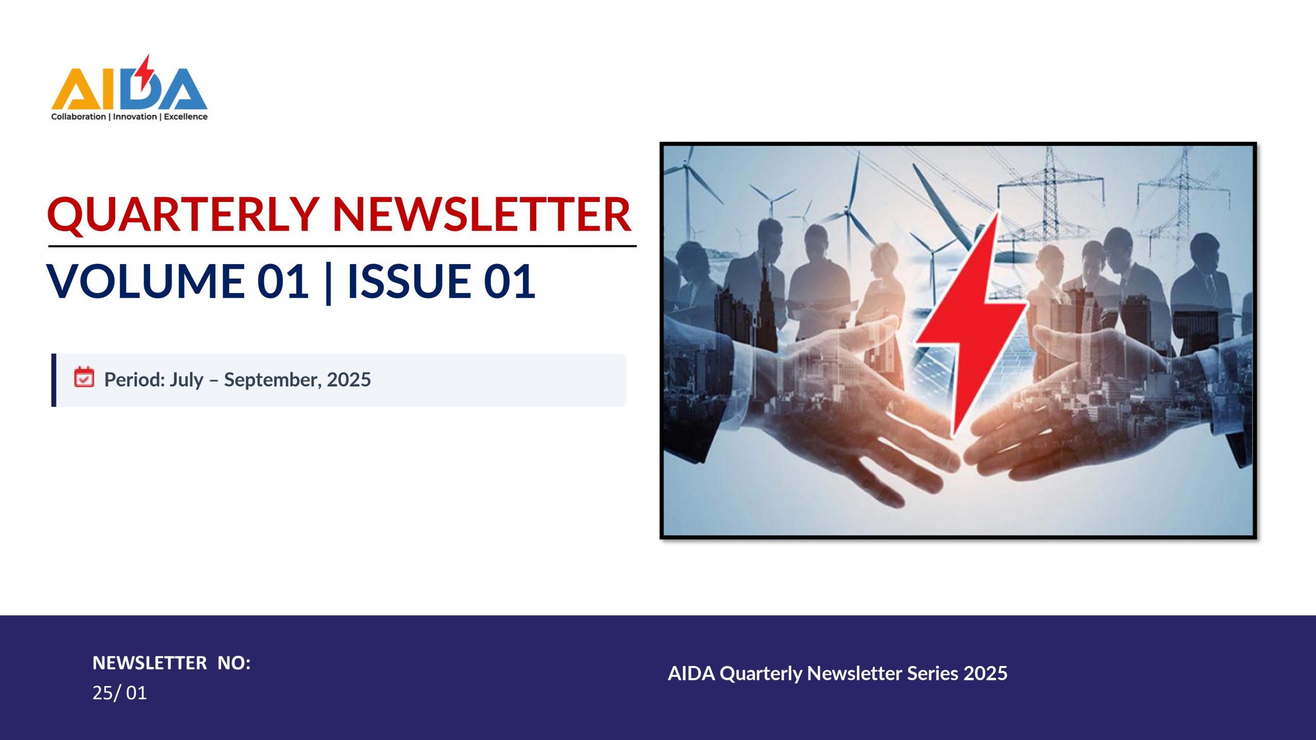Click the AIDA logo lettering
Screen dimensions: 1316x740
click(130, 87)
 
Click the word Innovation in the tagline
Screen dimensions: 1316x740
click(135, 117)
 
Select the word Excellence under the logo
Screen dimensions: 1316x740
click(186, 117)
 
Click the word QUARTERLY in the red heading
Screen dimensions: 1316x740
click(183, 215)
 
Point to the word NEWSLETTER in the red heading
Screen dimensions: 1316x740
click(482, 214)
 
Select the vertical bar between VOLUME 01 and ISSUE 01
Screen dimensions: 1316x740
click(328, 282)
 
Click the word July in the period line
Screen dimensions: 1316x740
click(187, 380)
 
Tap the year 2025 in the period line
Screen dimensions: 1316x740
click(349, 380)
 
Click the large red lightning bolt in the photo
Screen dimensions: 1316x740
click(969, 324)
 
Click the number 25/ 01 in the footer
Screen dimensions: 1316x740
click(119, 693)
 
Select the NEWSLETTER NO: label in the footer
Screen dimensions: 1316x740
click(172, 663)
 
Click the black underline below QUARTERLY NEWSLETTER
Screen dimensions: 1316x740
click(342, 246)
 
